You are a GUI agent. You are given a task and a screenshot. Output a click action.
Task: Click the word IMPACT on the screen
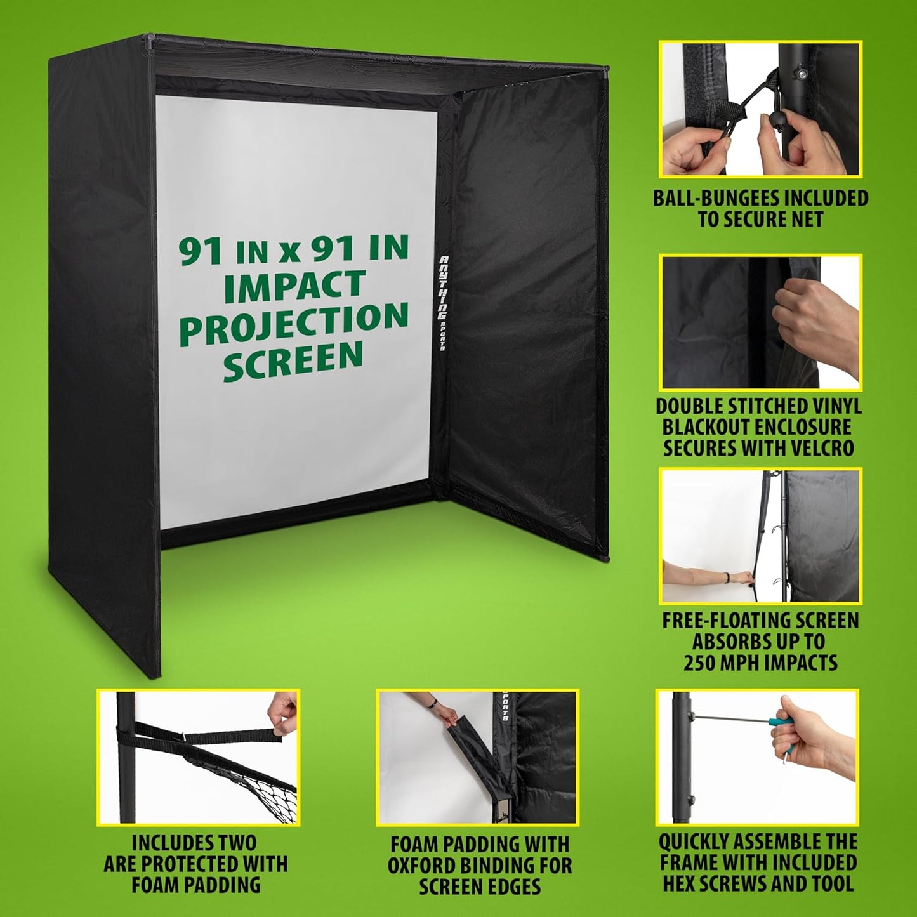coord(294,287)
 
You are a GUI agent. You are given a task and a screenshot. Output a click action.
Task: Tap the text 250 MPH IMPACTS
coord(760,663)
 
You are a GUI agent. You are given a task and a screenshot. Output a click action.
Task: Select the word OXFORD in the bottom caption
coord(421,866)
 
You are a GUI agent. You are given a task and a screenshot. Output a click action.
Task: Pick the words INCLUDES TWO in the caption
coord(194,843)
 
